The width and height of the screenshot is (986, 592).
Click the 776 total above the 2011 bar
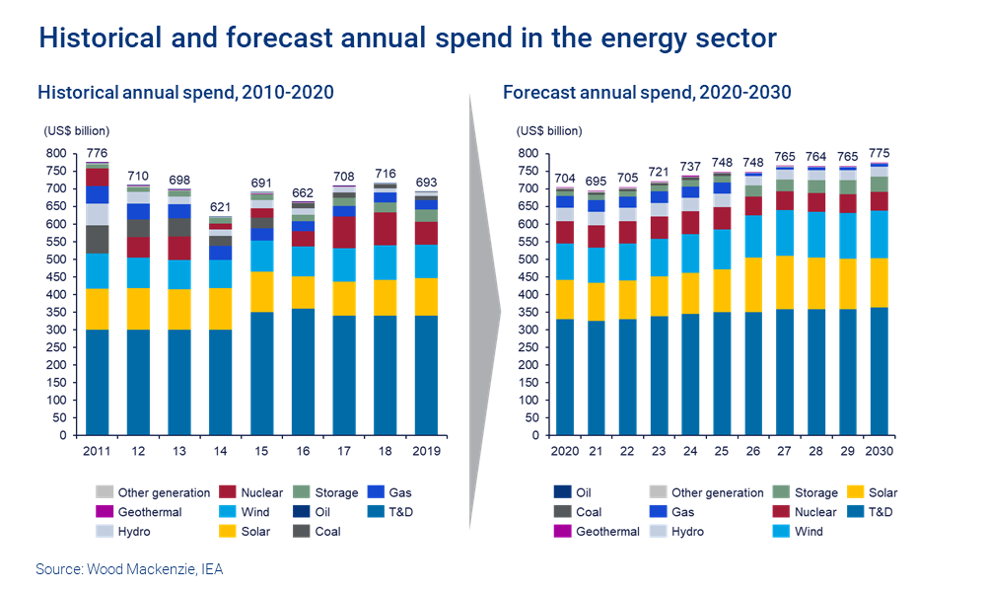[98, 153]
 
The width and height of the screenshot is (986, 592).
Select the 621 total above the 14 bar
[220, 207]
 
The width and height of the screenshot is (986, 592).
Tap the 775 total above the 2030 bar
[880, 153]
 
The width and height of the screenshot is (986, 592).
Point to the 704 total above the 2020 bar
[564, 179]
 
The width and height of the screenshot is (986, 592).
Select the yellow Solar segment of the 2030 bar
[880, 283]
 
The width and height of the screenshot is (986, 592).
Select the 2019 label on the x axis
[425, 451]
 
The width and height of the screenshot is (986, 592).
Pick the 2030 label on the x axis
[880, 451]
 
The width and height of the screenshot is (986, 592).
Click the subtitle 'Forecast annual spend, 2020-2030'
[647, 93]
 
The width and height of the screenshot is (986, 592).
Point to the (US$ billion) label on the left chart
[76, 130]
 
